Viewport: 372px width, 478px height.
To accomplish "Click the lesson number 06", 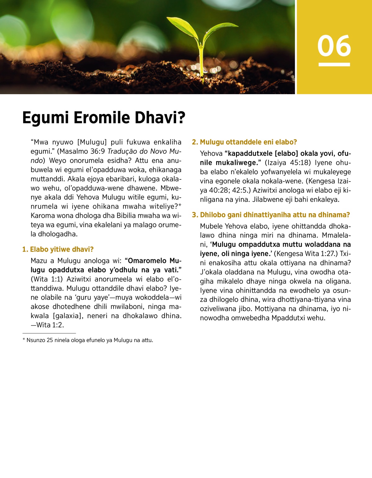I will point(334,46).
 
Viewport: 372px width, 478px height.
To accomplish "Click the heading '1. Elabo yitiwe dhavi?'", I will point(58,249).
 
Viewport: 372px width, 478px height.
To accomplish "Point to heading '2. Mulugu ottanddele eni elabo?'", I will point(244,142).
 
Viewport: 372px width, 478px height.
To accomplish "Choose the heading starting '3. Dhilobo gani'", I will point(271,215).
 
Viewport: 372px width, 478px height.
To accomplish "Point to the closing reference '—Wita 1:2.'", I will point(47,325).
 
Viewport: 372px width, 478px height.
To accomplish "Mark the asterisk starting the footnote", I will point(24,340).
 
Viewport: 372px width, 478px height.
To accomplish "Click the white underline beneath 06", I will point(334,64).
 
